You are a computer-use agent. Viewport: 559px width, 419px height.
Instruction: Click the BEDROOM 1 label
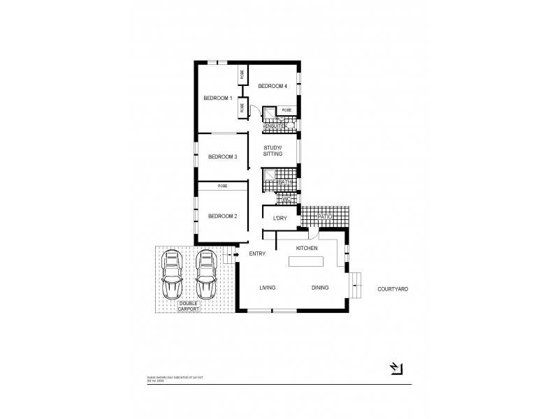[217, 98]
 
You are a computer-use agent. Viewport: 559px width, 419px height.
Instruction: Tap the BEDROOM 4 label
[272, 86]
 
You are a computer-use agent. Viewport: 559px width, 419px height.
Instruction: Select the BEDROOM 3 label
[223, 156]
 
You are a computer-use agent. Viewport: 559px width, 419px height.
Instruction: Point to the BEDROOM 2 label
[223, 216]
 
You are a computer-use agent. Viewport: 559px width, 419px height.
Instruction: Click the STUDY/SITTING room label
[273, 151]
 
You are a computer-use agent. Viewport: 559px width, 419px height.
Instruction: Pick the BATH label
[284, 182]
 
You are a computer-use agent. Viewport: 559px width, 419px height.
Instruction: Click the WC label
[286, 199]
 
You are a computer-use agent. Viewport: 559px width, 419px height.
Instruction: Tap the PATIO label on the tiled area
[324, 217]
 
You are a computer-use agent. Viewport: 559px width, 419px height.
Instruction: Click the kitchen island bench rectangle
[307, 261]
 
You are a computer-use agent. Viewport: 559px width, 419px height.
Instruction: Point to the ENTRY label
[259, 253]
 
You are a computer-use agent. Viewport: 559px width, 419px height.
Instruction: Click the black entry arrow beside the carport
[235, 255]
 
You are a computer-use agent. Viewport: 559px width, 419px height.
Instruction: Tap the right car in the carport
[206, 274]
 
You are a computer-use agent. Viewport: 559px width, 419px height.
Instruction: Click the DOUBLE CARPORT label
[188, 305]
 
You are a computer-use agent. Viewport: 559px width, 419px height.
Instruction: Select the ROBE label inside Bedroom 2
[222, 186]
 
